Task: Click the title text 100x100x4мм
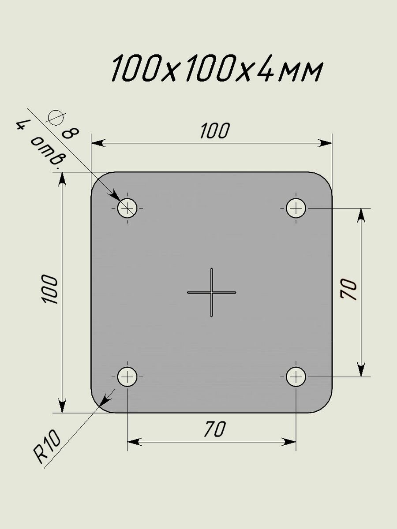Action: (x=217, y=70)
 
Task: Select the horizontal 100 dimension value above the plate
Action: (x=215, y=131)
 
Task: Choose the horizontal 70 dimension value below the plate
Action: (x=215, y=429)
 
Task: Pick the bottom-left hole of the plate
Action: (x=127, y=376)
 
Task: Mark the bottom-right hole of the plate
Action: (x=296, y=377)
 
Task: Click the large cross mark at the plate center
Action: (x=212, y=292)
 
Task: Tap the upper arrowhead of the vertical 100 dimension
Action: (x=62, y=178)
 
